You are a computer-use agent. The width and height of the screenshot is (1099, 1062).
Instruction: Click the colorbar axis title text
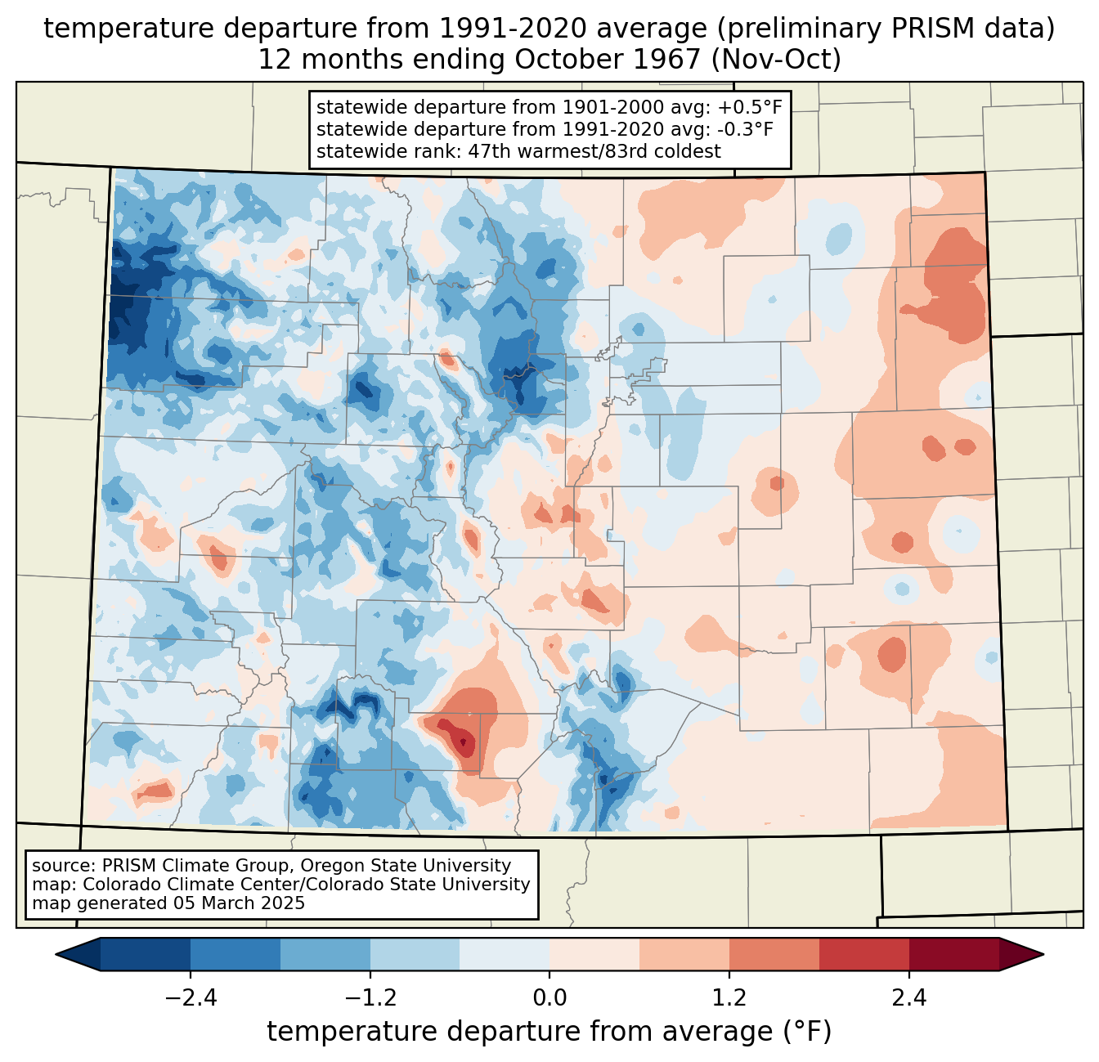(x=549, y=1032)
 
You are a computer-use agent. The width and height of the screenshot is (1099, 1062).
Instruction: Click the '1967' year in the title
(x=667, y=60)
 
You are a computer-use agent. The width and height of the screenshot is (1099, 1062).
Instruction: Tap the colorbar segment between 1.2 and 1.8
(x=774, y=955)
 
